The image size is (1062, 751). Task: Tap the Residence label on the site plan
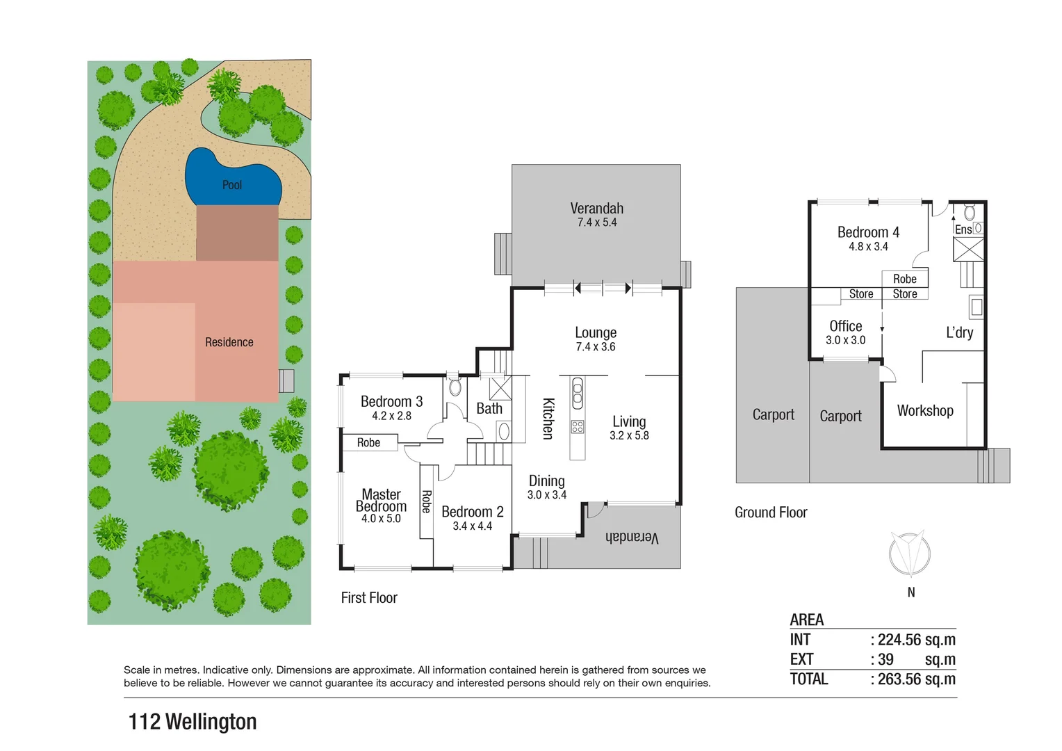click(x=229, y=342)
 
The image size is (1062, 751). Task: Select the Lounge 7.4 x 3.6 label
click(x=596, y=339)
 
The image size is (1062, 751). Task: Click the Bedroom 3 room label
click(x=391, y=402)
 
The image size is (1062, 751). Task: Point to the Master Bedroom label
click(x=381, y=501)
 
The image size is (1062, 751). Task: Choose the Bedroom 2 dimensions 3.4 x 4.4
click(x=472, y=526)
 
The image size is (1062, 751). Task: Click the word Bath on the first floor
click(x=489, y=409)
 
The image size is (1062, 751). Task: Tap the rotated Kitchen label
click(x=548, y=419)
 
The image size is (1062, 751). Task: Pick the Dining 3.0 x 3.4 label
click(x=546, y=487)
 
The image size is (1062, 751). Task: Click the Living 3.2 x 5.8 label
click(x=629, y=428)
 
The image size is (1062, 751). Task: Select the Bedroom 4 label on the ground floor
click(x=868, y=233)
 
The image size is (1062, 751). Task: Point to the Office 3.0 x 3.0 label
click(x=845, y=332)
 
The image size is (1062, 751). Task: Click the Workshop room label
click(x=925, y=411)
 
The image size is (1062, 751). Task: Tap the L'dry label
click(x=959, y=332)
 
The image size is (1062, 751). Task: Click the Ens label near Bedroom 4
click(x=963, y=229)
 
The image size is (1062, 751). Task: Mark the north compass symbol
click(x=910, y=554)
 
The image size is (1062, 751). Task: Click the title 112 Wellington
click(x=193, y=722)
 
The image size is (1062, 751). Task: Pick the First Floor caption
click(x=369, y=598)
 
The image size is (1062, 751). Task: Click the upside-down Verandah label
click(x=632, y=537)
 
